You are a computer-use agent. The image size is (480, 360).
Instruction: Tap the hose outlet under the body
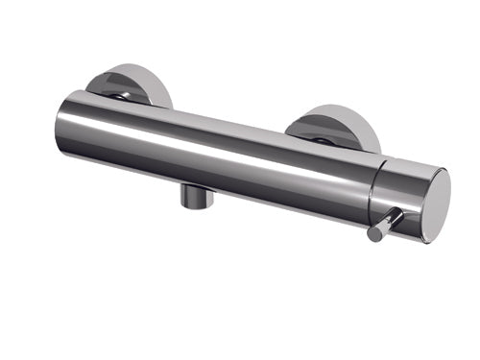tap(194, 196)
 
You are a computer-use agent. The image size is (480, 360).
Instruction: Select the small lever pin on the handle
tap(385, 225)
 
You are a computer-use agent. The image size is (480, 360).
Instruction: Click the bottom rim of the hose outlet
tap(193, 206)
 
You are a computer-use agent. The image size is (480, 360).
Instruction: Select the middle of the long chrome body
tap(221, 154)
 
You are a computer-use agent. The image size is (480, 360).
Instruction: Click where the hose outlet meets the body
tap(195, 186)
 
